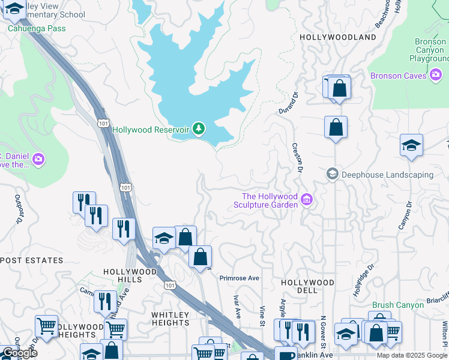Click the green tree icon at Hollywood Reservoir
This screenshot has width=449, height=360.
pyautogui.click(x=199, y=129)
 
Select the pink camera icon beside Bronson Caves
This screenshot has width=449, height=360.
pyautogui.click(x=436, y=76)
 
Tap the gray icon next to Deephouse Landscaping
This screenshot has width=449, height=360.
pyautogui.click(x=332, y=175)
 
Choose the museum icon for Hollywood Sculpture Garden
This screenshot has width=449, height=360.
pyautogui.click(x=307, y=199)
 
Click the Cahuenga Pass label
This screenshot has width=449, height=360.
pyautogui.click(x=37, y=28)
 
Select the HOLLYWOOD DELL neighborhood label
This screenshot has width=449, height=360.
pyautogui.click(x=307, y=287)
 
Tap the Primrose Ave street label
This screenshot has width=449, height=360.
pyautogui.click(x=239, y=278)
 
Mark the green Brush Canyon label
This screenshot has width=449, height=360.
pyautogui.click(x=397, y=305)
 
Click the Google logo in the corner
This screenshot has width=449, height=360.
pyautogui.click(x=19, y=353)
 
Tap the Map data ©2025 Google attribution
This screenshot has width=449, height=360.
pyautogui.click(x=412, y=355)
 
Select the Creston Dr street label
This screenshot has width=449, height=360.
pyautogui.click(x=296, y=157)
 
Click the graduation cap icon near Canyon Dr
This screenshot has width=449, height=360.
pyautogui.click(x=411, y=146)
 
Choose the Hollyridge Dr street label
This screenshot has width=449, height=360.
pyautogui.click(x=364, y=275)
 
